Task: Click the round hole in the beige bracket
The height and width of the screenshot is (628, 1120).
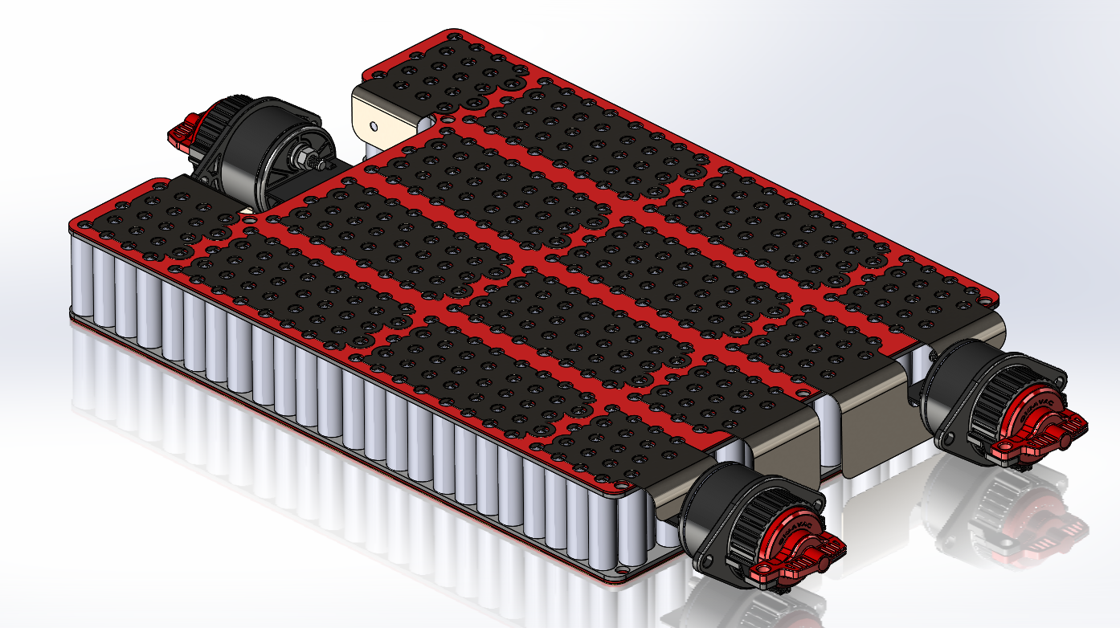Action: [374, 125]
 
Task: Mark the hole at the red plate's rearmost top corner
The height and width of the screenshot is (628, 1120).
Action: [452, 37]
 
